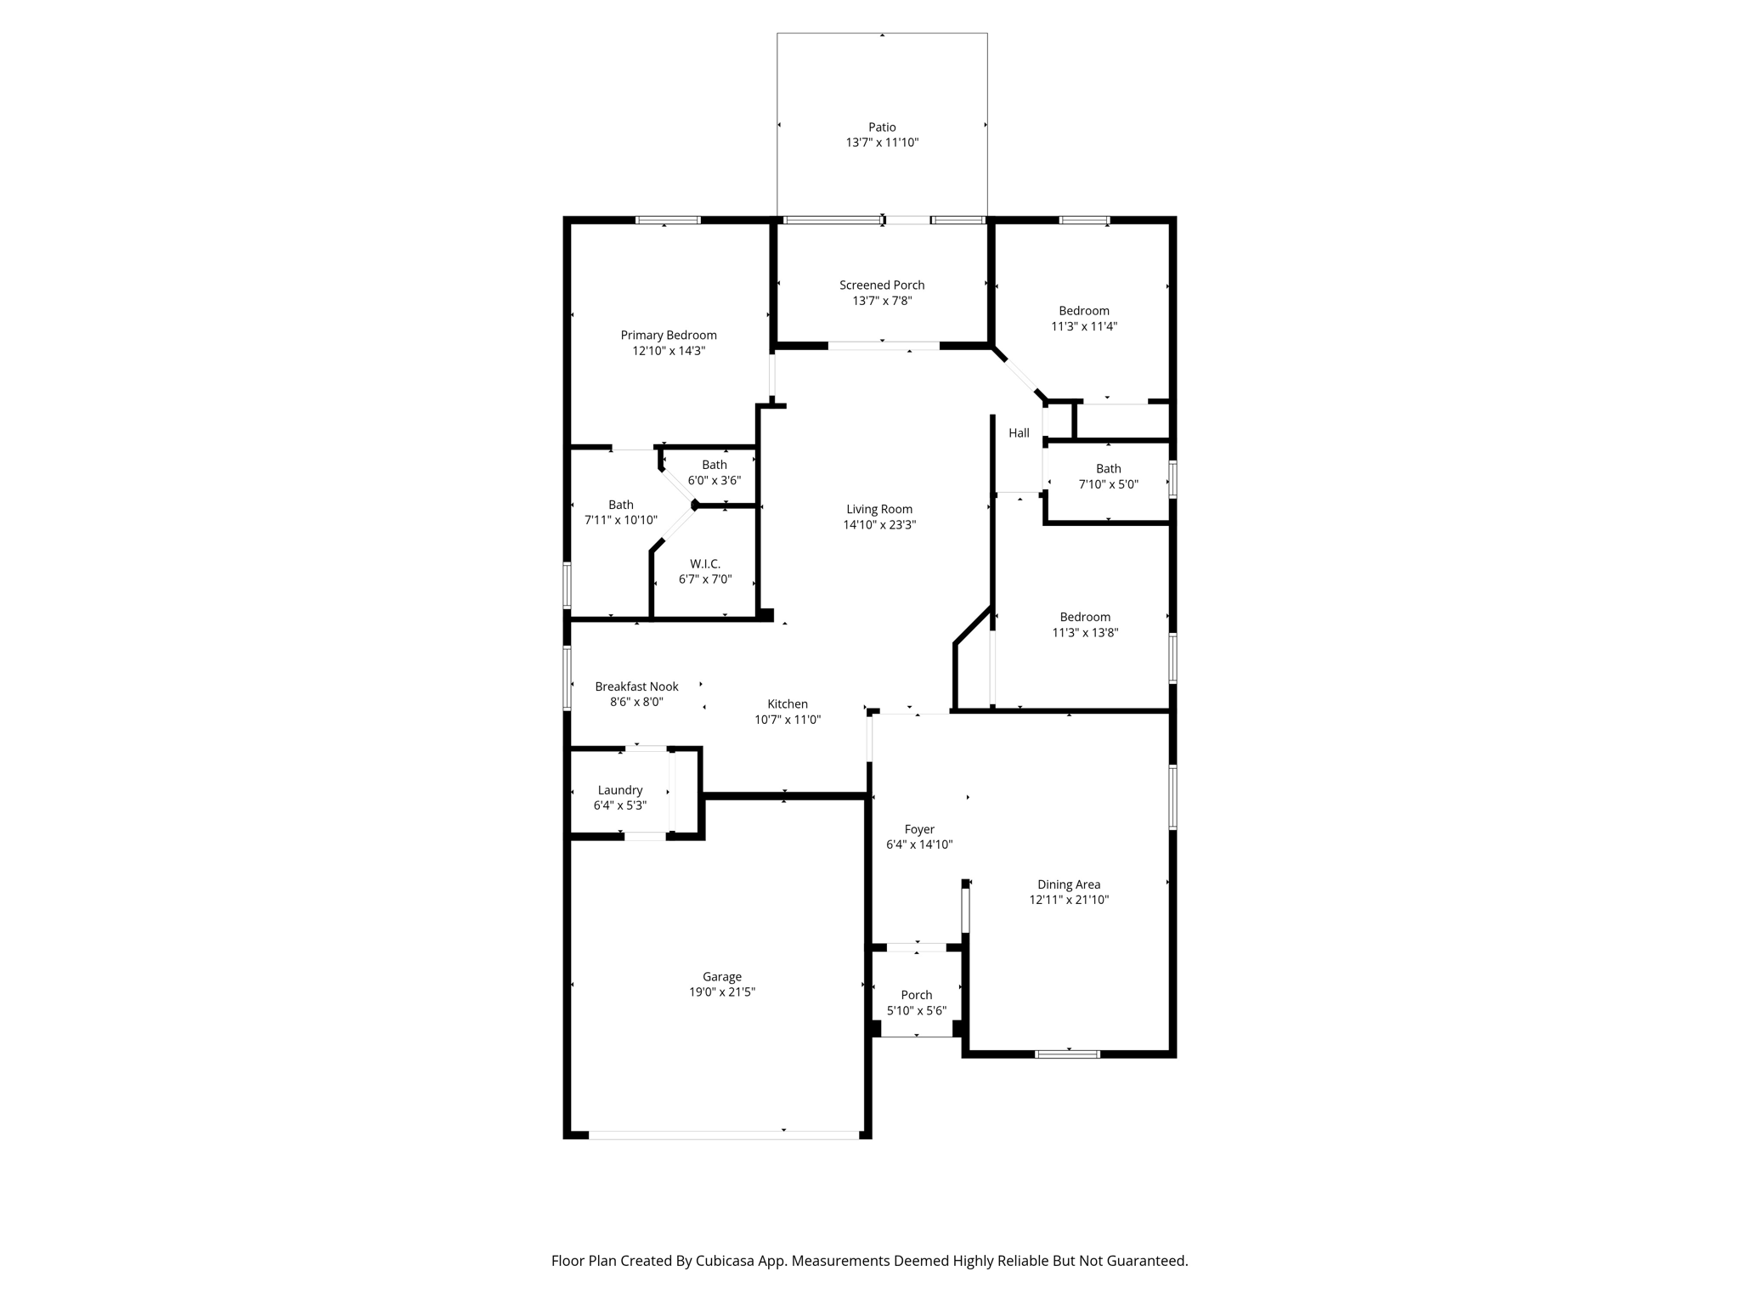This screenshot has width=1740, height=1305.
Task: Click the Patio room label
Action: [x=882, y=127]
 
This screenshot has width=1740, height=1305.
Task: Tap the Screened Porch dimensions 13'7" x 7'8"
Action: [x=882, y=301]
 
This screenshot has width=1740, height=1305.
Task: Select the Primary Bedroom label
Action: [x=669, y=336]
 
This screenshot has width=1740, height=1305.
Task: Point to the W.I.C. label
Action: [x=705, y=564]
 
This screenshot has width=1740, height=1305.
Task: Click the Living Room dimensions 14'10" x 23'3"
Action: [x=879, y=525]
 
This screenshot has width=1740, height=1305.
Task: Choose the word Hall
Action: [x=1019, y=433]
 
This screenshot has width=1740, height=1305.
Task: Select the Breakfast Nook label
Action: [x=636, y=686]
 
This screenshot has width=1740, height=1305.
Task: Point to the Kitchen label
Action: [x=788, y=704]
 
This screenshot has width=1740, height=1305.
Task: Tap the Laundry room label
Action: [x=620, y=791]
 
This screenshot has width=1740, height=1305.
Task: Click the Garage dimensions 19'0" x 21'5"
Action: [x=722, y=992]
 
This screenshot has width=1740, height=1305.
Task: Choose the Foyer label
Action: [x=919, y=830]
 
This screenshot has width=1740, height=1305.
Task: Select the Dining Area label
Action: [x=1069, y=885]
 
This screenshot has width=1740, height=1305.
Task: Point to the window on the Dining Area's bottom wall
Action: [x=1068, y=1054]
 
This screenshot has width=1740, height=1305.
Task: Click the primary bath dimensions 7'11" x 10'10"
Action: [x=621, y=520]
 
